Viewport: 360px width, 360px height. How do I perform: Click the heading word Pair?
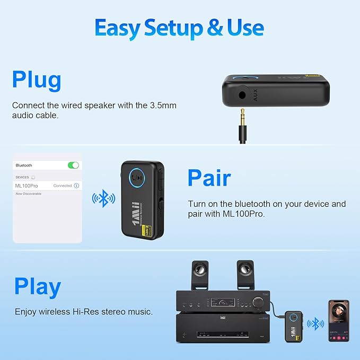[209, 178]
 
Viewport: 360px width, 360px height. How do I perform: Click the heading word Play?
[38, 286]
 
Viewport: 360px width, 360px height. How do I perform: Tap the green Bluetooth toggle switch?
[73, 165]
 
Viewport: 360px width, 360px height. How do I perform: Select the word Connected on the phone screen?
[63, 186]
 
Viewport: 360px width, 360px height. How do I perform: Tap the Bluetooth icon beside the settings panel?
[103, 199]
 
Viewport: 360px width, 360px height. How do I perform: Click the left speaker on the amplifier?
[200, 275]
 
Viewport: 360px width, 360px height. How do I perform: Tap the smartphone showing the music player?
[339, 320]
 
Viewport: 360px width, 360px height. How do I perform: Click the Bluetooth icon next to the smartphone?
[317, 323]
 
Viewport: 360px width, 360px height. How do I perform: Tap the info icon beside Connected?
[76, 186]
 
